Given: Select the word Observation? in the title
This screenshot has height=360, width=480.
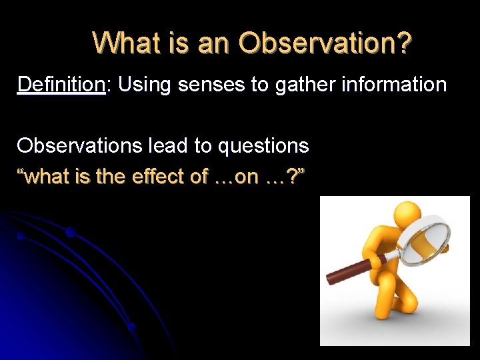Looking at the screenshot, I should (x=326, y=43).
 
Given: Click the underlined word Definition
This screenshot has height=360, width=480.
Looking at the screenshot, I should (x=61, y=85).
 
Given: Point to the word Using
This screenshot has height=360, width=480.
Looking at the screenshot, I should (x=145, y=85).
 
